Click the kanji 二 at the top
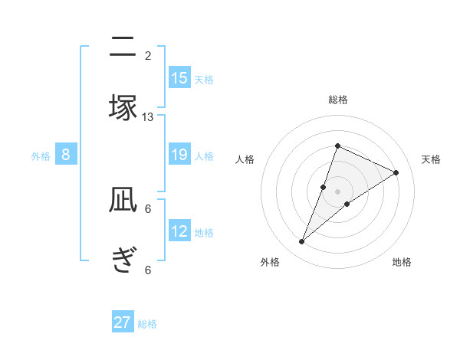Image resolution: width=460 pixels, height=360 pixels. (123, 47)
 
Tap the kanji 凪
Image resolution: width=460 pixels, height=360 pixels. (123, 201)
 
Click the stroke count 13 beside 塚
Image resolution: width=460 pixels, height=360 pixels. (148, 116)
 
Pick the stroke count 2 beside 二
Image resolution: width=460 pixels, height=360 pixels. (148, 56)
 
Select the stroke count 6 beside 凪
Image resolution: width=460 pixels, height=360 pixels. (148, 208)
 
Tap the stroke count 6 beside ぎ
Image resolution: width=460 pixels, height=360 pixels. (148, 270)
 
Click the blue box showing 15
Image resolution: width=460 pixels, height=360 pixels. (179, 78)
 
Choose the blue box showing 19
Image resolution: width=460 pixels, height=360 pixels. (179, 155)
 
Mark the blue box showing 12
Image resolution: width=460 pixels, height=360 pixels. (179, 231)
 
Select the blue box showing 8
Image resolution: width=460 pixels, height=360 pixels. (66, 155)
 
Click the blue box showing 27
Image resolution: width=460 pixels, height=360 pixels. (123, 322)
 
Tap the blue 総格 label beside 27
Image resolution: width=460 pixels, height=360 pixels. (147, 324)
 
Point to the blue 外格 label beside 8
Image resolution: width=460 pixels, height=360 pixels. (41, 156)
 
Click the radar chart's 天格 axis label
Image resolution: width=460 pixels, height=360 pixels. (431, 159)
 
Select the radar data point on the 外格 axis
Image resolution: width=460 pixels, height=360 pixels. (302, 242)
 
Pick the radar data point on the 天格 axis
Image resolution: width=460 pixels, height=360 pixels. (396, 173)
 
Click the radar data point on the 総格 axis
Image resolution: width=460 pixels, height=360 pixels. (337, 146)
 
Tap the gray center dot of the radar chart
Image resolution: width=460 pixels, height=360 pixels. (337, 191)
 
